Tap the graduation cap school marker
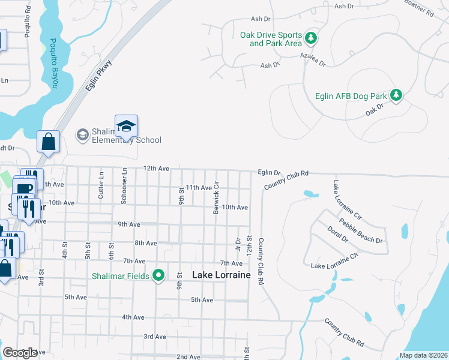pyautogui.click(x=127, y=126)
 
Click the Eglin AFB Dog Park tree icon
pyautogui.click(x=396, y=95)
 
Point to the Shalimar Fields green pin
pyautogui.click(x=158, y=275)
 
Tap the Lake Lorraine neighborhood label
pyautogui.click(x=221, y=275)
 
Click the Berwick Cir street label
pyautogui.click(x=216, y=199)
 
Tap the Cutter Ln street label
pyautogui.click(x=101, y=186)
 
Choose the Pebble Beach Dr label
pyautogui.click(x=361, y=231)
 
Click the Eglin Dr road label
pyautogui.click(x=270, y=172)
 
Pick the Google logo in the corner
pyautogui.click(x=20, y=353)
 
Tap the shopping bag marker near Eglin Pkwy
pyautogui.click(x=49, y=143)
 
